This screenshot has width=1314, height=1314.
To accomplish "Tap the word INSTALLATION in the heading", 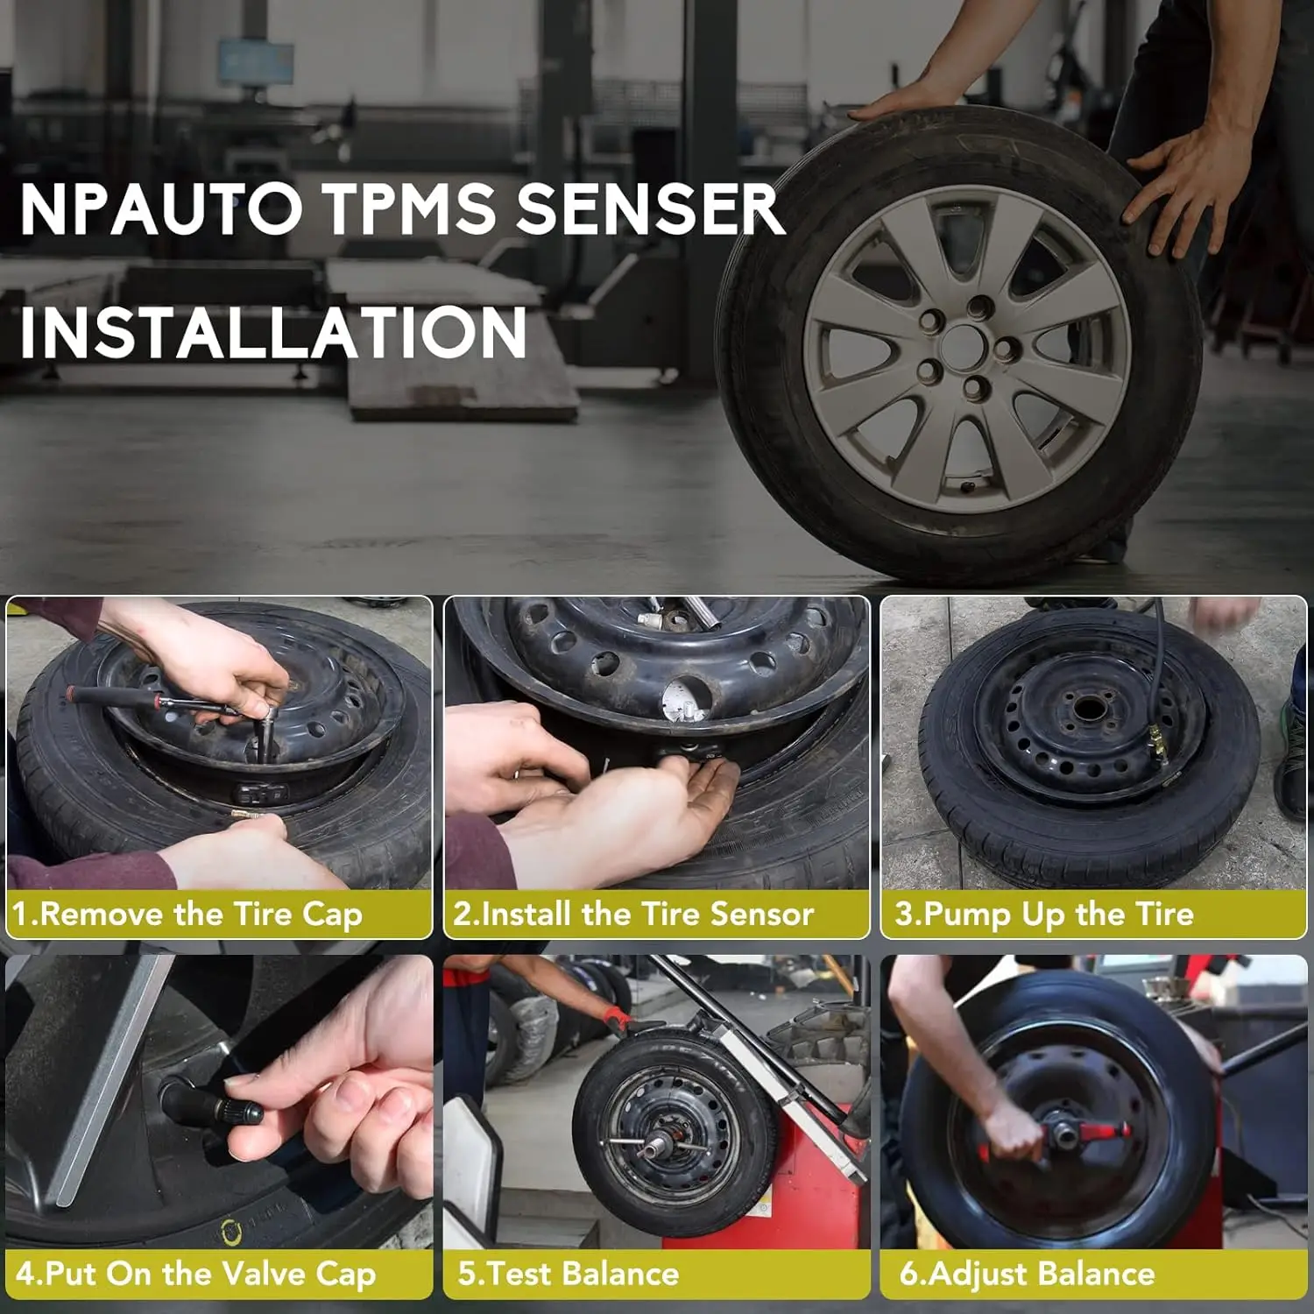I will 273,333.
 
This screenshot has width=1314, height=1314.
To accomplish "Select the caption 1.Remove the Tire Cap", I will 187,915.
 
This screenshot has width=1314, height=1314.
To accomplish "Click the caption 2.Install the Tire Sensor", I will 633,915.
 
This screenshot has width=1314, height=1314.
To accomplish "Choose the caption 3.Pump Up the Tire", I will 1044,915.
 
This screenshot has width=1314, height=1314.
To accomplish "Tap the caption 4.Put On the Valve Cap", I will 195,1274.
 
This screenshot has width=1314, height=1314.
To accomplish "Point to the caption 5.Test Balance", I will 569,1274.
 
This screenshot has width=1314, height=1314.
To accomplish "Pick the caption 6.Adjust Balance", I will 1027,1274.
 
